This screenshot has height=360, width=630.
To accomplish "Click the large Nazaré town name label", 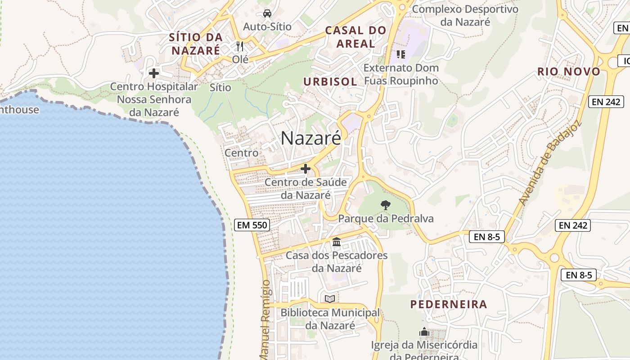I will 311,138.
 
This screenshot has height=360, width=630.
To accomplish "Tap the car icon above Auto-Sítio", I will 267,13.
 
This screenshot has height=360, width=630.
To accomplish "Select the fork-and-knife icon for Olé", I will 240,46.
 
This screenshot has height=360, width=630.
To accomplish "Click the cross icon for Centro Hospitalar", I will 154,73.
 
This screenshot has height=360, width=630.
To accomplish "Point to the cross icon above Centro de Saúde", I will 306,169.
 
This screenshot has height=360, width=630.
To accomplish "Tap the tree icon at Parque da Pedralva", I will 386,205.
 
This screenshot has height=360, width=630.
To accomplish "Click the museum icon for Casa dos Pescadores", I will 337,242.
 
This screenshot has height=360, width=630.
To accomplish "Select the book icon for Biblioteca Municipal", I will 330,299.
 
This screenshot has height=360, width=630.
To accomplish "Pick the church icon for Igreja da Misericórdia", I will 424,332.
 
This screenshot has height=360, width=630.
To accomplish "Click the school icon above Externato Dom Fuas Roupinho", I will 401,54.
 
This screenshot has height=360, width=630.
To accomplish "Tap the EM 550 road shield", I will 251,225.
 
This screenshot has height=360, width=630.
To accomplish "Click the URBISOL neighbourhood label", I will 330,81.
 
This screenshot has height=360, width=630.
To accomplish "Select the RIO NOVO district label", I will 569,72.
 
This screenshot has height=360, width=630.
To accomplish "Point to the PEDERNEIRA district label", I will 449,304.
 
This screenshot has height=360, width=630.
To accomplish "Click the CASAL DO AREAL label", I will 356,37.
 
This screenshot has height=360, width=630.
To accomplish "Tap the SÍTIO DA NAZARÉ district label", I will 195,44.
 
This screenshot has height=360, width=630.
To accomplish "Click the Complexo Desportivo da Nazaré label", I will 465,15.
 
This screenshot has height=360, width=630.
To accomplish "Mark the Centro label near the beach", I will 242,153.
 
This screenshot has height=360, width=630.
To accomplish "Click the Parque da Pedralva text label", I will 386,219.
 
